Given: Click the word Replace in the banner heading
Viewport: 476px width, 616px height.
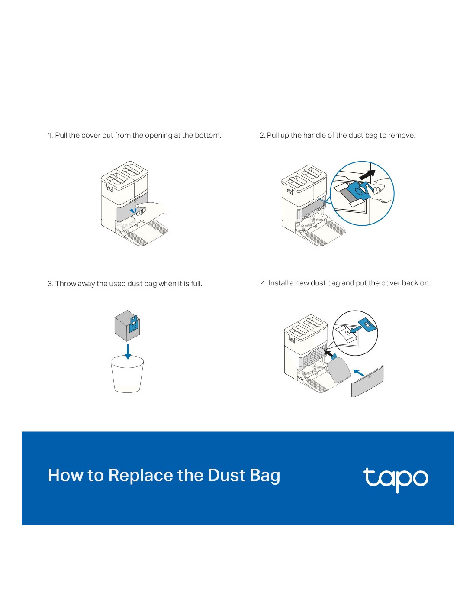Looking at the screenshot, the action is click(x=140, y=475).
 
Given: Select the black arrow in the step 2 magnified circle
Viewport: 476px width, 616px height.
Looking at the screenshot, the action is click(x=367, y=174).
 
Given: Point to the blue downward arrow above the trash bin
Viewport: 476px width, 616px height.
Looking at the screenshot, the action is click(x=128, y=352).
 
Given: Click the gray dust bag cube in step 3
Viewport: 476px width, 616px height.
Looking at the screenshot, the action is click(x=127, y=326).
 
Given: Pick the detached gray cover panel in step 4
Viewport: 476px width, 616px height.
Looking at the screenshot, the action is click(x=367, y=381).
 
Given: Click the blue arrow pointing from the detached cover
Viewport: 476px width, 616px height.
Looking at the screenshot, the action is click(x=358, y=372).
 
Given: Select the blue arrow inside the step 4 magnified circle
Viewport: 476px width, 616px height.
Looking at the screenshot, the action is click(x=356, y=329).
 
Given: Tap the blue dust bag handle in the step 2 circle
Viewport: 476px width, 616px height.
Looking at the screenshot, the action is click(x=360, y=190).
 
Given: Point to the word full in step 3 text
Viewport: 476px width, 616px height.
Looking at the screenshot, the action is click(x=197, y=283).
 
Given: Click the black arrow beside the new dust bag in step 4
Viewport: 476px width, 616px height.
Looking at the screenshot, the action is click(x=329, y=353).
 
